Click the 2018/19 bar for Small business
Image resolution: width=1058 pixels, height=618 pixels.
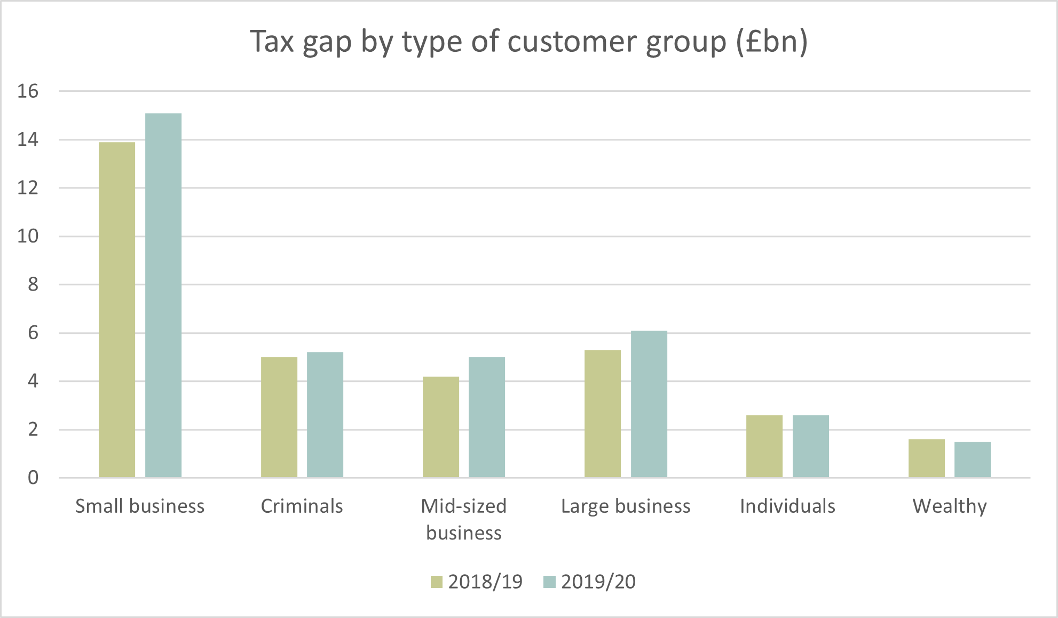click(x=117, y=310)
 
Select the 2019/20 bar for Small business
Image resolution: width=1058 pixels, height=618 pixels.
click(x=163, y=295)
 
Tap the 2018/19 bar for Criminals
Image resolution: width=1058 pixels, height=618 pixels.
click(x=279, y=417)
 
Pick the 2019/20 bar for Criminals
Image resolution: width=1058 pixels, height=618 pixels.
click(x=325, y=414)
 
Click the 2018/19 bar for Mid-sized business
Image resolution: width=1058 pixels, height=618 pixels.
click(x=441, y=427)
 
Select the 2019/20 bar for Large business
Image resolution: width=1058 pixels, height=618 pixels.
click(x=649, y=404)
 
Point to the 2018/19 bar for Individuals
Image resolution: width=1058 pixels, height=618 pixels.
click(x=764, y=446)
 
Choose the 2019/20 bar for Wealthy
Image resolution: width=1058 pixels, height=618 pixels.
click(x=973, y=459)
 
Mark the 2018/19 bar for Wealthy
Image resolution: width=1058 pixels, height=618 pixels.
click(x=927, y=458)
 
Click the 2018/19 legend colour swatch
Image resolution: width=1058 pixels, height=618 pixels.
click(x=437, y=582)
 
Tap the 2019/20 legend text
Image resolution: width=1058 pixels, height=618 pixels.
click(x=598, y=582)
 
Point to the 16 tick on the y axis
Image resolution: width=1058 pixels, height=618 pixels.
click(x=28, y=91)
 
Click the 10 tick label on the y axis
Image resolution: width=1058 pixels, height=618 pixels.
click(x=28, y=236)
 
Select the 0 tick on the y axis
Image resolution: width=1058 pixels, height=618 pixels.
click(x=33, y=478)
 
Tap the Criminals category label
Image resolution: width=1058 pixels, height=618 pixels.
click(x=302, y=506)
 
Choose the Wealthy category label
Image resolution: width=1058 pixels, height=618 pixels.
click(x=950, y=506)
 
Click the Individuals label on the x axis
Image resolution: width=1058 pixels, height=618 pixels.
click(x=787, y=506)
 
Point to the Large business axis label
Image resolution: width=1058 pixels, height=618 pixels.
click(x=626, y=506)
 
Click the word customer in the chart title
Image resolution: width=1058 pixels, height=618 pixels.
click(x=572, y=42)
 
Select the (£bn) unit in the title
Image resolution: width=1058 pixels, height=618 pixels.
click(x=772, y=42)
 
